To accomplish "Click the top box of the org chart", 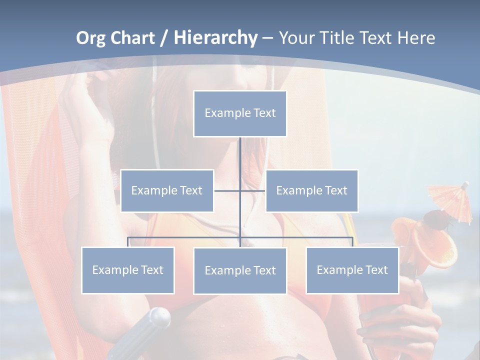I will click(x=240, y=113).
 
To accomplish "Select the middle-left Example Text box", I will click(x=167, y=190).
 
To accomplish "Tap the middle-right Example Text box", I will click(x=311, y=190).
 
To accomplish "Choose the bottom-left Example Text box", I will click(x=128, y=270).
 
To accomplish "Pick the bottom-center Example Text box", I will click(x=240, y=270).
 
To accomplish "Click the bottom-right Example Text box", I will click(x=352, y=270).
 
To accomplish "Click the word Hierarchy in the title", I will click(x=215, y=38).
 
